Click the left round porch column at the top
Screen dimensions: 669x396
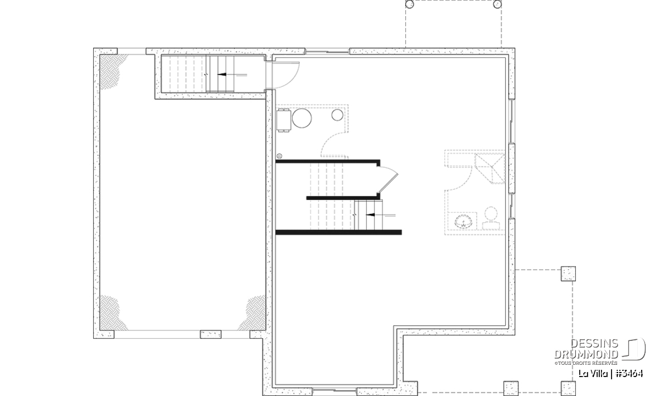pyautogui.click(x=409, y=4)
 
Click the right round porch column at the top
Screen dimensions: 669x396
pyautogui.click(x=497, y=4)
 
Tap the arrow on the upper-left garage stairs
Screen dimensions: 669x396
pyautogui.click(x=232, y=75)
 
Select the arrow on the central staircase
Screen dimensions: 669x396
pyautogui.click(x=380, y=215)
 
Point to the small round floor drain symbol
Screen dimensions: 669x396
pyautogui.click(x=279, y=156)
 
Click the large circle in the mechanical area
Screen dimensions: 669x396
pyautogui.click(x=302, y=118)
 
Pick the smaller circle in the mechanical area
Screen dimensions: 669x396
pyautogui.click(x=337, y=115)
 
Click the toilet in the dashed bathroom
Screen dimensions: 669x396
pyautogui.click(x=491, y=218)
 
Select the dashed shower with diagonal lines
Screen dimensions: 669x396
pyautogui.click(x=490, y=168)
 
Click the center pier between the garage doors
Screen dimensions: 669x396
pyautogui.click(x=211, y=334)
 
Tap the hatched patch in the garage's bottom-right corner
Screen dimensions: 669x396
pyautogui.click(x=253, y=313)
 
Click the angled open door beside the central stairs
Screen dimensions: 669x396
pyautogui.click(x=387, y=179)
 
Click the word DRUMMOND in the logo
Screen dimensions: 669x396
pyautogui.click(x=586, y=355)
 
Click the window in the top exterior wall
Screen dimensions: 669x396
pyautogui.click(x=327, y=51)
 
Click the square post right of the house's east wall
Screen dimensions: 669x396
pyautogui.click(x=568, y=273)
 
